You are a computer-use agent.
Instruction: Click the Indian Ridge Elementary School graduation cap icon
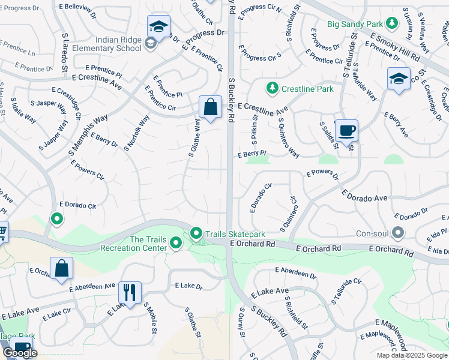159,26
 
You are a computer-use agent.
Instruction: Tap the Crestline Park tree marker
273,89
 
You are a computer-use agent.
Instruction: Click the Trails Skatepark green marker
196,233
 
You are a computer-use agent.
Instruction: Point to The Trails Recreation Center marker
176,243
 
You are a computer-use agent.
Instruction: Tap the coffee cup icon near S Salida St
346,130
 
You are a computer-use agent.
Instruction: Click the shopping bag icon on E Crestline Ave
210,108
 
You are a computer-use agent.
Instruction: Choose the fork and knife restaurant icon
130,292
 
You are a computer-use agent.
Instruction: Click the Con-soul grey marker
397,233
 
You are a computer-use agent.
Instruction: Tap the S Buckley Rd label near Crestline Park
231,100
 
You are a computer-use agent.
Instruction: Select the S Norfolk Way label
136,132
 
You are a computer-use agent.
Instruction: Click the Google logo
20,353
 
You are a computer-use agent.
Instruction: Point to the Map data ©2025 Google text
412,355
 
